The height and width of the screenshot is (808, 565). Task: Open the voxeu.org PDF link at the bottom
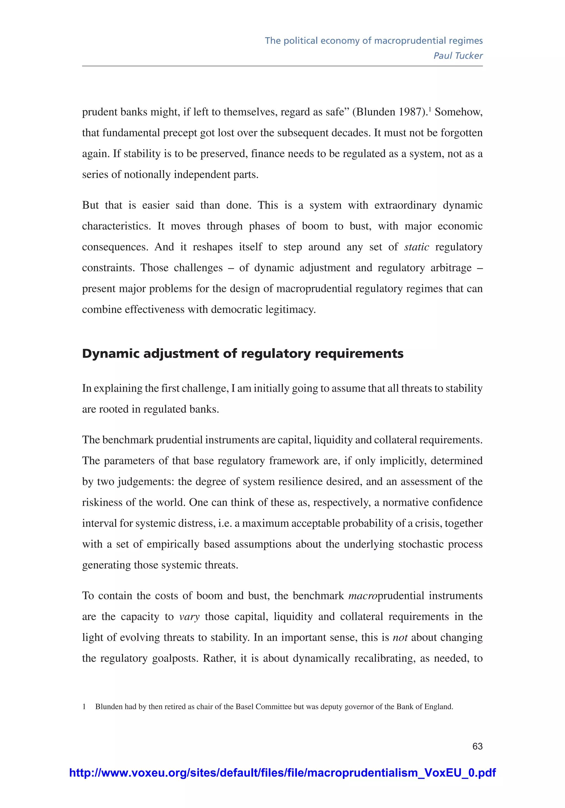282,773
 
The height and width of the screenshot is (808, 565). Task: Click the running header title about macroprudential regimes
374,41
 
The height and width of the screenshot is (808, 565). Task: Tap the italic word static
417,247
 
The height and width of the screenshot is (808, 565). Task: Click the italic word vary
189,617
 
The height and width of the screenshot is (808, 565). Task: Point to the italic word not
400,637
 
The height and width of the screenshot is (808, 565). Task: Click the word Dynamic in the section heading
111,354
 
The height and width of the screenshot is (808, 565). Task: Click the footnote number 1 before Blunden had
84,707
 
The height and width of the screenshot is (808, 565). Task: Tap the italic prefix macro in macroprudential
362,596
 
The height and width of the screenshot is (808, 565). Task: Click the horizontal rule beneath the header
282,66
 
